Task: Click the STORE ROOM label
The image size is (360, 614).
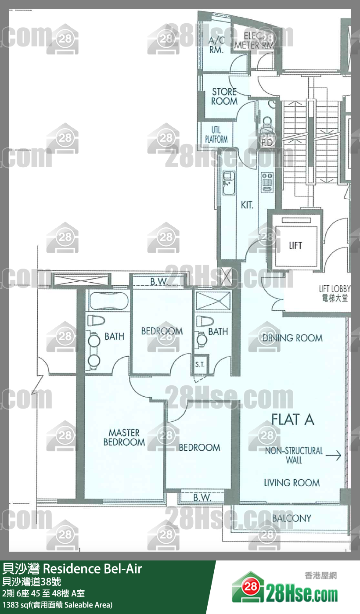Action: pyautogui.click(x=224, y=96)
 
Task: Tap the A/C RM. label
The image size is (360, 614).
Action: pyautogui.click(x=216, y=45)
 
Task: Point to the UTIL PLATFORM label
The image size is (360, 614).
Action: pyautogui.click(x=216, y=135)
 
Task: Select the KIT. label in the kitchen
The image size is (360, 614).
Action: pyautogui.click(x=247, y=205)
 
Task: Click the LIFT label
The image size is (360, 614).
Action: pyautogui.click(x=295, y=245)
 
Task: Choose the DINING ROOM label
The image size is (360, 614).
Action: pyautogui.click(x=292, y=338)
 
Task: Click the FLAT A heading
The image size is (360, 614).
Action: pyautogui.click(x=293, y=420)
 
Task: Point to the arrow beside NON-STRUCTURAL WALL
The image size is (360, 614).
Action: pyautogui.click(x=333, y=455)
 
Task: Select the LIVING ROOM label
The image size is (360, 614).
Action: pyautogui.click(x=292, y=482)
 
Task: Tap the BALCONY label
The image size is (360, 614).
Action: pyautogui.click(x=292, y=518)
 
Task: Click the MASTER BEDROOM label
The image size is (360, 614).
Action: pyautogui.click(x=124, y=438)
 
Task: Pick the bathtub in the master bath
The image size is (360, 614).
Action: pyautogui.click(x=109, y=301)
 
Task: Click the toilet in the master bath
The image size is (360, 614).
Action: pyautogui.click(x=96, y=320)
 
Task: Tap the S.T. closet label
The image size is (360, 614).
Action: pyautogui.click(x=200, y=364)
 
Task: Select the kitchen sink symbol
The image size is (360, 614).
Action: pyautogui.click(x=229, y=183)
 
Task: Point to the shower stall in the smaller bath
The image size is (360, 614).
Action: pyautogui.click(x=213, y=301)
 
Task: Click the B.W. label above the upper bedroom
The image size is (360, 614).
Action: pyautogui.click(x=159, y=281)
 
